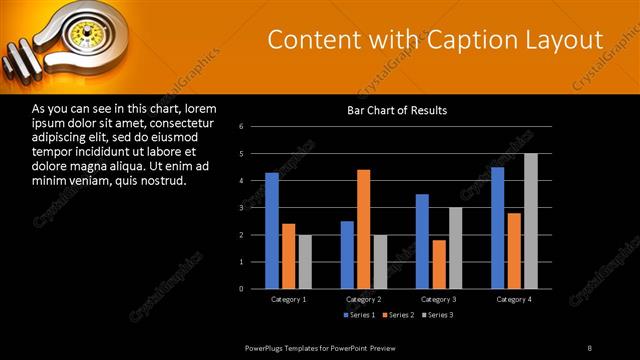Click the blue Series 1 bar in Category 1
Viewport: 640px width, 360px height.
coord(272,230)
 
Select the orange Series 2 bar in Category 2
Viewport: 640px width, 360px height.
coord(363,229)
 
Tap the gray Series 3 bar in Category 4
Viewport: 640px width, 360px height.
coord(530,221)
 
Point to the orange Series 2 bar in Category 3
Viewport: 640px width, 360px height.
coord(438,264)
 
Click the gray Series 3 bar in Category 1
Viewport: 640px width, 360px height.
coord(305,261)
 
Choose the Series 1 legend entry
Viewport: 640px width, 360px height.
coord(361,316)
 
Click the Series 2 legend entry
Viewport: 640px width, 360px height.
coord(399,316)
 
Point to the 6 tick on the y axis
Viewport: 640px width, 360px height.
coord(242,127)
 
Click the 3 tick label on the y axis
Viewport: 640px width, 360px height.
coord(242,208)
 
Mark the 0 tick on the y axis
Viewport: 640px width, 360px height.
coord(242,288)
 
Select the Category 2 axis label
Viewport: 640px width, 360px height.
coord(364,299)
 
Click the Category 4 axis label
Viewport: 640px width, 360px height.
coord(514,299)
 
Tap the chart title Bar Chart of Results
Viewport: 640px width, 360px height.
coord(397,110)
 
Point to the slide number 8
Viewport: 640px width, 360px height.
coord(589,347)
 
